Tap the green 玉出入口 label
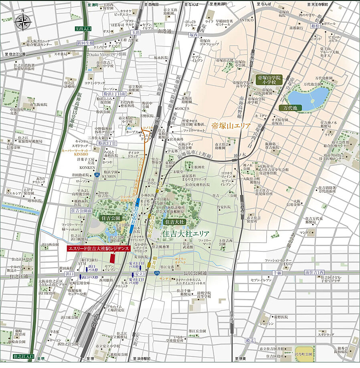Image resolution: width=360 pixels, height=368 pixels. [83, 29]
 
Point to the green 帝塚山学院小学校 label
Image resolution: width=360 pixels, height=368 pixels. [269, 79]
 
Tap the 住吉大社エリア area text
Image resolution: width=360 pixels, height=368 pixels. [187, 233]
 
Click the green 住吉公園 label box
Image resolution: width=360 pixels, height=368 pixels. [111, 219]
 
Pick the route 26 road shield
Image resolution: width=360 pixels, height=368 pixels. [97, 174]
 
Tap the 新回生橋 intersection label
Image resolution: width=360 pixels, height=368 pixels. [85, 43]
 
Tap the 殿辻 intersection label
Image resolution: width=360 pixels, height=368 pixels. [250, 340]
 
